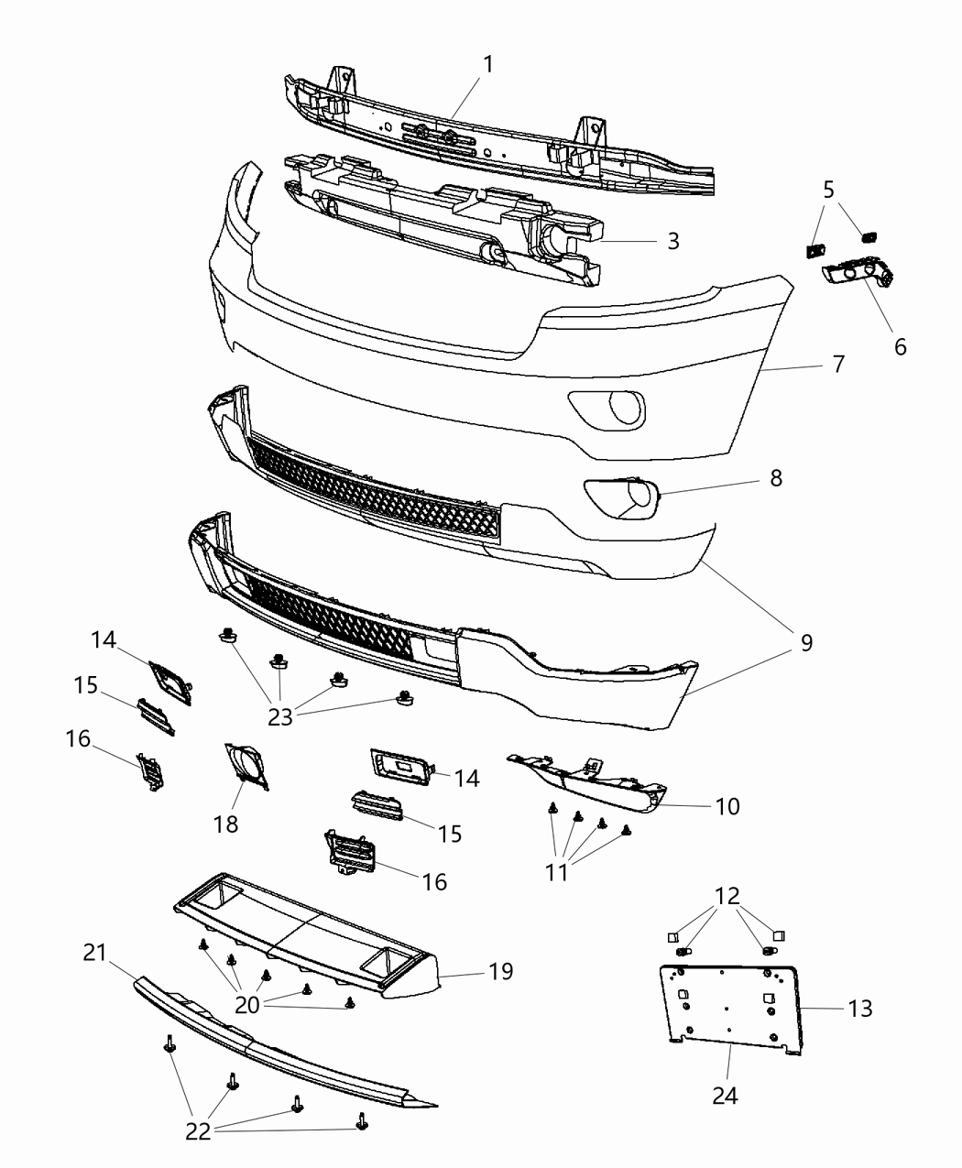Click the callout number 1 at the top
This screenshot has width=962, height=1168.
[488, 64]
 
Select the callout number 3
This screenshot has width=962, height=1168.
[673, 241]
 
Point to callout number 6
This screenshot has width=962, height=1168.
[900, 346]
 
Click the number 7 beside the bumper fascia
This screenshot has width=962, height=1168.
[838, 363]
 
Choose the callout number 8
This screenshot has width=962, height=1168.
[776, 478]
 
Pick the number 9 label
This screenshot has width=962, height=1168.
[806, 643]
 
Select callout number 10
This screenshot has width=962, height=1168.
[727, 806]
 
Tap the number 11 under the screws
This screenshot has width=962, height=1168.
[556, 872]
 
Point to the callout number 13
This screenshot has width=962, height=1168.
[859, 1009]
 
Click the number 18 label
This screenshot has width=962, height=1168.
[225, 824]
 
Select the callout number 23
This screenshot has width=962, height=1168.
[280, 716]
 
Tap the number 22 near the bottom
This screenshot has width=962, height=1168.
[198, 1132]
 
